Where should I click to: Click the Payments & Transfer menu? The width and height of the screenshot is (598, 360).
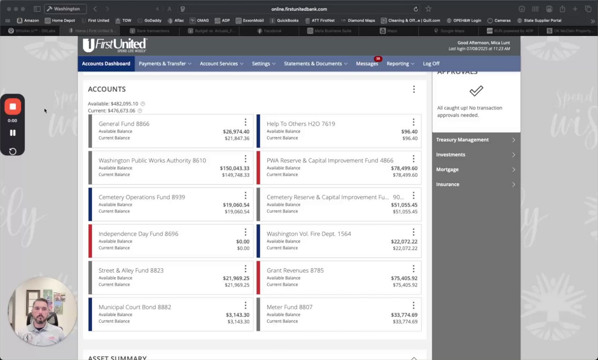point(165,64)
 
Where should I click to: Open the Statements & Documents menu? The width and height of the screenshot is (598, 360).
point(315,64)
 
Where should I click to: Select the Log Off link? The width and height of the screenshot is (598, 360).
point(431,64)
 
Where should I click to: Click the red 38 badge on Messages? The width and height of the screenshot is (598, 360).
point(377,59)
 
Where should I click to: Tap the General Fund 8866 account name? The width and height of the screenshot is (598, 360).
point(124,124)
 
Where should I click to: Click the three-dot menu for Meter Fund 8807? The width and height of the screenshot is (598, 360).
point(413,306)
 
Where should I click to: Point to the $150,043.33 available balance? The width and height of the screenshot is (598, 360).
point(235,168)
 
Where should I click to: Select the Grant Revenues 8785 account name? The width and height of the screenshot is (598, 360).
point(295,270)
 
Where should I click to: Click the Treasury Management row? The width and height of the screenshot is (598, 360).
point(476,140)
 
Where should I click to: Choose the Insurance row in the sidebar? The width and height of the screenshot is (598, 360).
point(476,184)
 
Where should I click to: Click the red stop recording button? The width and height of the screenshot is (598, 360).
point(13,106)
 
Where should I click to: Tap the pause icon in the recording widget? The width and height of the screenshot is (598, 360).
point(13,133)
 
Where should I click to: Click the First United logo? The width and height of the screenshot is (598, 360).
point(114,45)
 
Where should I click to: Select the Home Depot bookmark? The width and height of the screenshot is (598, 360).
point(63,21)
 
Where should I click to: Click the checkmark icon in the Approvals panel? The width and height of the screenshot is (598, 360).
point(476,91)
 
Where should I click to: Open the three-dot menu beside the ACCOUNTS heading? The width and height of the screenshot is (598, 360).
point(413,89)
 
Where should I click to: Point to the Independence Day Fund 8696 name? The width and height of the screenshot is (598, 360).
point(138,234)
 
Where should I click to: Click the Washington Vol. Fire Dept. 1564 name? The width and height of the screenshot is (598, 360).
point(308,234)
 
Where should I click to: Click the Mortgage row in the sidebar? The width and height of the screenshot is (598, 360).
point(476,169)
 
